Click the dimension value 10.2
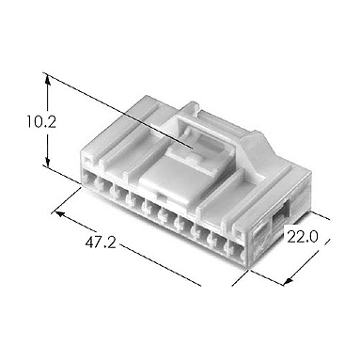41,122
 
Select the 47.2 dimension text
101,243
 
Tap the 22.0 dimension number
303,237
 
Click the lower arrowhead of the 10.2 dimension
48,161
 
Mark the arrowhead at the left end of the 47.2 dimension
60,214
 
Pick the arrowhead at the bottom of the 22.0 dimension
289,280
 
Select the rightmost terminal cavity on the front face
237,251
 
